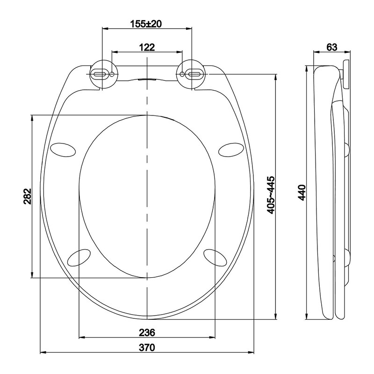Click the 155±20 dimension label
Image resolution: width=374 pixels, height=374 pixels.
pyautogui.click(x=146, y=24)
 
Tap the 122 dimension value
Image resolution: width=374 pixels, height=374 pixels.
pyautogui.click(x=147, y=47)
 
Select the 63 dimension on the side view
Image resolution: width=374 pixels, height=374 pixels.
pyautogui.click(x=332, y=47)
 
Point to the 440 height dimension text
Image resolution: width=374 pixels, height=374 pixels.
pyautogui.click(x=302, y=192)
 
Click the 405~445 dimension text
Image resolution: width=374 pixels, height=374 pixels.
pyautogui.click(x=271, y=195)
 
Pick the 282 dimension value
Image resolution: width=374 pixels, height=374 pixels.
pyautogui.click(x=28, y=196)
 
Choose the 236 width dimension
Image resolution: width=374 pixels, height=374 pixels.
pyautogui.click(x=147, y=332)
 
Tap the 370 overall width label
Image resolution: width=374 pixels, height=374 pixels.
pyautogui.click(x=147, y=347)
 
